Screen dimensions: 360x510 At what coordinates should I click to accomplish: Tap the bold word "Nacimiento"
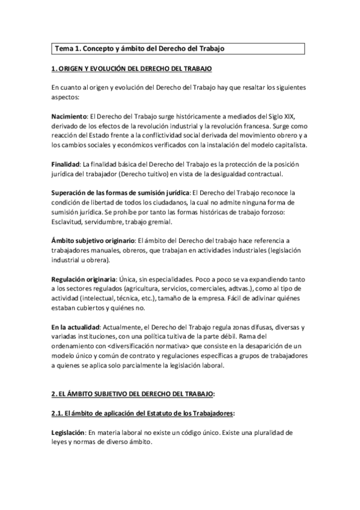69,115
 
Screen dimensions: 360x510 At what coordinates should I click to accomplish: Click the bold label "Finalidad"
65,164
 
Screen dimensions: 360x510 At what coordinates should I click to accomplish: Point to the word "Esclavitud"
70,222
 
